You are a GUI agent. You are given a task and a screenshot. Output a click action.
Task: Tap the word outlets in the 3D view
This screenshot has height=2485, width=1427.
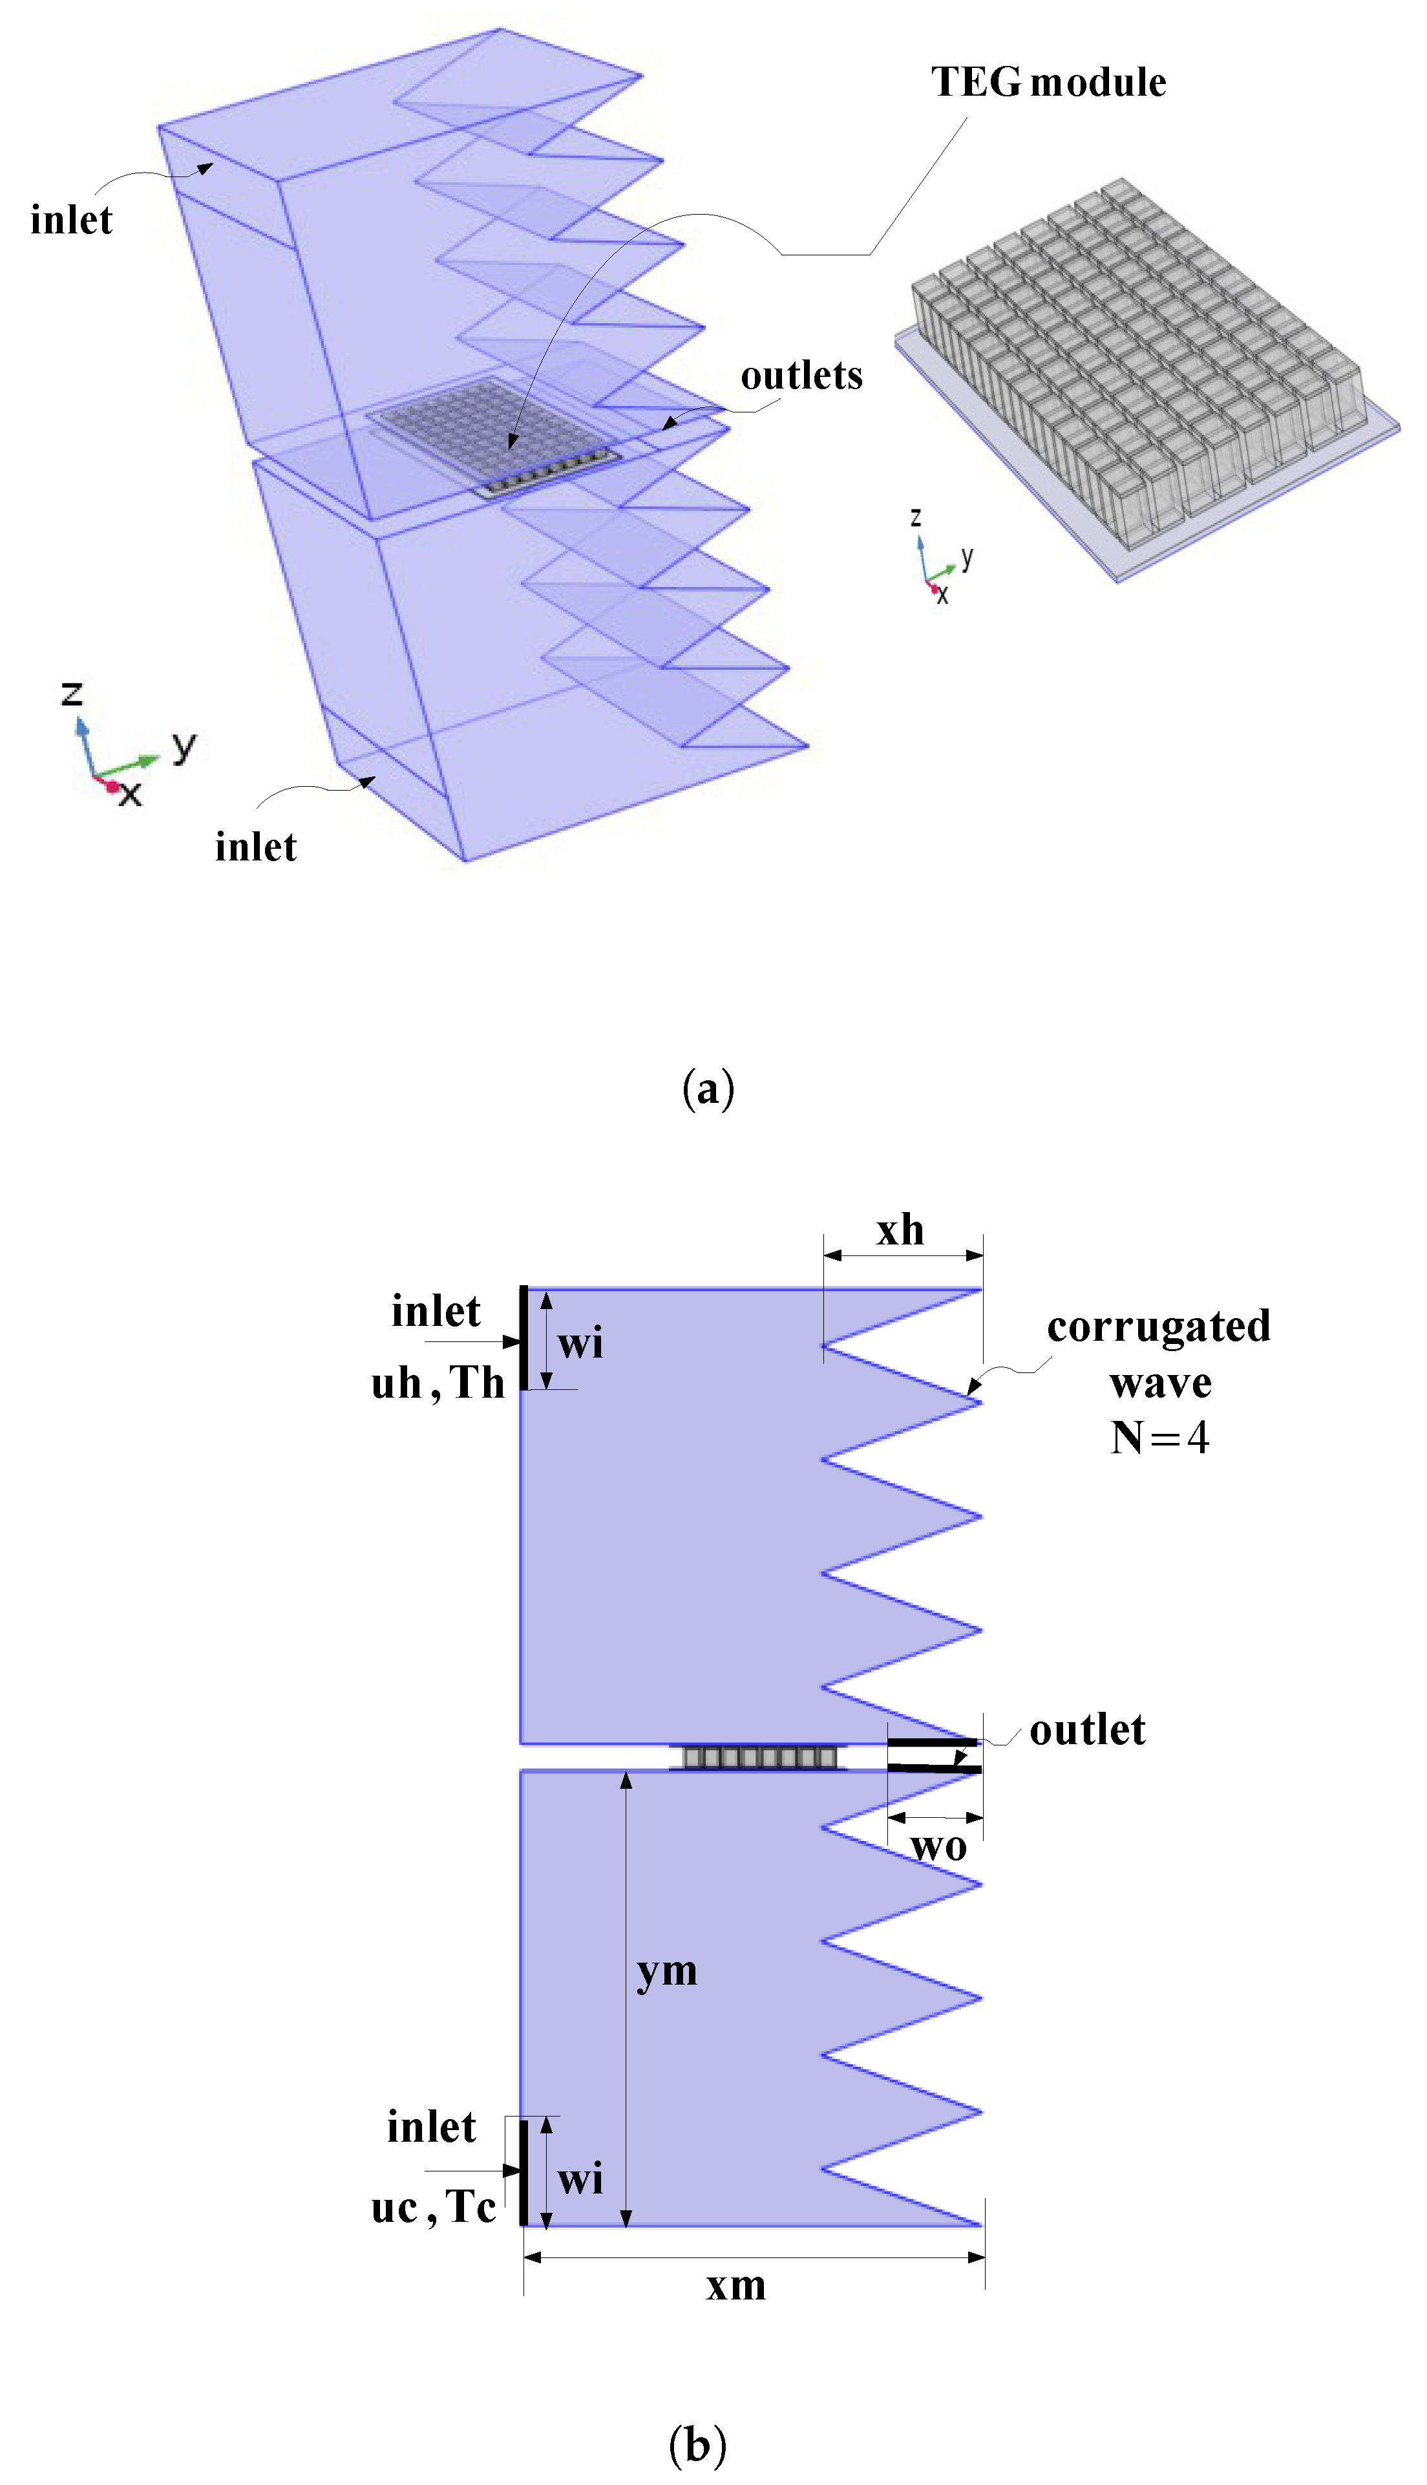coord(801,376)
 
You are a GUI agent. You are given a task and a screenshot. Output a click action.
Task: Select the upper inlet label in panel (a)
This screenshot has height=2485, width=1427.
coord(72,220)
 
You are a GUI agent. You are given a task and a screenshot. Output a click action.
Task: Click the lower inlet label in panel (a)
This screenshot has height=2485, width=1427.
coord(256,847)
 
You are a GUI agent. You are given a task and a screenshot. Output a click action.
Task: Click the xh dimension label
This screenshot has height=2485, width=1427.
coord(900,1230)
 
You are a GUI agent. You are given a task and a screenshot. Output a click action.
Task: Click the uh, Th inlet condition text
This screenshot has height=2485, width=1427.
coord(437,1383)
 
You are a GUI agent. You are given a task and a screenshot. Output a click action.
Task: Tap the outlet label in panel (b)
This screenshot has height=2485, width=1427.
coord(1087,1730)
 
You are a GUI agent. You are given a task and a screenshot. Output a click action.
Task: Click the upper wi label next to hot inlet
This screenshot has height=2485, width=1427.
coord(580,1342)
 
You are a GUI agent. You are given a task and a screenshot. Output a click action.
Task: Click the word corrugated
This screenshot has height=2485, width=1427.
coord(1158,1327)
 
